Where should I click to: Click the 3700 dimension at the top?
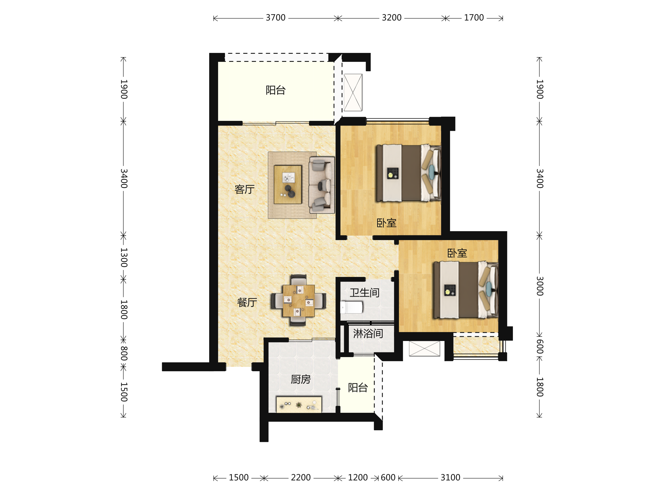pyautogui.click(x=275, y=18)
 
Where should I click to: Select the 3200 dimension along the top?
pyautogui.click(x=392, y=18)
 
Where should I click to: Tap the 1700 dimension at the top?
pyautogui.click(x=474, y=18)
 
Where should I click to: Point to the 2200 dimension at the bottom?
pyautogui.click(x=301, y=478)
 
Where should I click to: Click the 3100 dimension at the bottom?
pyautogui.click(x=450, y=478)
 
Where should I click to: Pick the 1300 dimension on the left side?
pyautogui.click(x=124, y=258)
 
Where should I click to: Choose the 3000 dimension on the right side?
pyautogui.click(x=540, y=286)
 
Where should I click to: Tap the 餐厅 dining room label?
pyautogui.click(x=247, y=302)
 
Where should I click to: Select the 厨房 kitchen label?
pyautogui.click(x=301, y=379)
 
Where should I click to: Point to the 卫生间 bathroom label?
pyautogui.click(x=364, y=293)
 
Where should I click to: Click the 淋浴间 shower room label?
pyautogui.click(x=368, y=333)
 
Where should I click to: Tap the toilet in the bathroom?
pyautogui.click(x=351, y=307)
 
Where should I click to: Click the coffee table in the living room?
pyautogui.click(x=288, y=185)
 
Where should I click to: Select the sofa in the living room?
pyautogui.click(x=322, y=185)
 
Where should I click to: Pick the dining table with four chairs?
pyautogui.click(x=298, y=301)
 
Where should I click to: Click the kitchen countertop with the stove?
pyautogui.click(x=299, y=405)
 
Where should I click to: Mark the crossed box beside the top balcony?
pyautogui.click(x=353, y=93)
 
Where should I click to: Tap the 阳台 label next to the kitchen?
pyautogui.click(x=358, y=388)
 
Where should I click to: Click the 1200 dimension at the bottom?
pyautogui.click(x=358, y=478)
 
